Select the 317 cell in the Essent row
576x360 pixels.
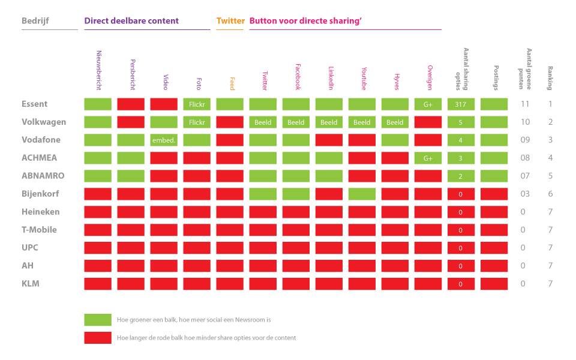461,104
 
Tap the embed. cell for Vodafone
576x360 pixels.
164,140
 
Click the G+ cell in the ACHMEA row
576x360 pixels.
428,158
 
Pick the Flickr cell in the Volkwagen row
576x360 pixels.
197,122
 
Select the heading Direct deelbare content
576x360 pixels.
131,21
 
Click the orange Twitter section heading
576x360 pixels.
230,21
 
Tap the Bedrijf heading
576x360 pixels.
35,21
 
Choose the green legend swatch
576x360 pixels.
98,320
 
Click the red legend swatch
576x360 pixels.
98,338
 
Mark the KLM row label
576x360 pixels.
31,284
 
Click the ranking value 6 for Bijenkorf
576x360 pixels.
550,194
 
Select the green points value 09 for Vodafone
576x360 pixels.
525,140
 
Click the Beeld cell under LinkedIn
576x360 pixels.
329,122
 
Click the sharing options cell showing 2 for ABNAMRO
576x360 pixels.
461,176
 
